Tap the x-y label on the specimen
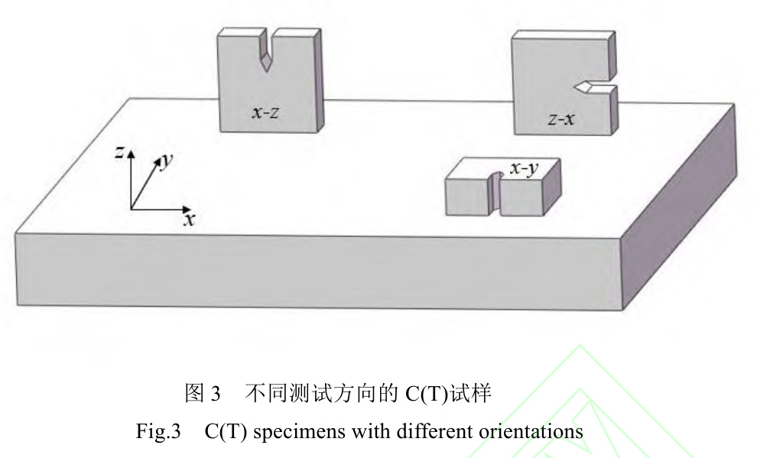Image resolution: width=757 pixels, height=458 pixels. (x=522, y=170)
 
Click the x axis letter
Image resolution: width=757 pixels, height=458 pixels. (x=189, y=219)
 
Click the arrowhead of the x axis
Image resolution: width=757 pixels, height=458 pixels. (x=187, y=208)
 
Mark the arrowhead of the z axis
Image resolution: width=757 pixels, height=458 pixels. (x=131, y=154)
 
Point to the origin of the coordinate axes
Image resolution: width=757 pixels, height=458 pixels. (x=131, y=208)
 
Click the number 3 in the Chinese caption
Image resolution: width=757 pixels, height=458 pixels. (x=216, y=395)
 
